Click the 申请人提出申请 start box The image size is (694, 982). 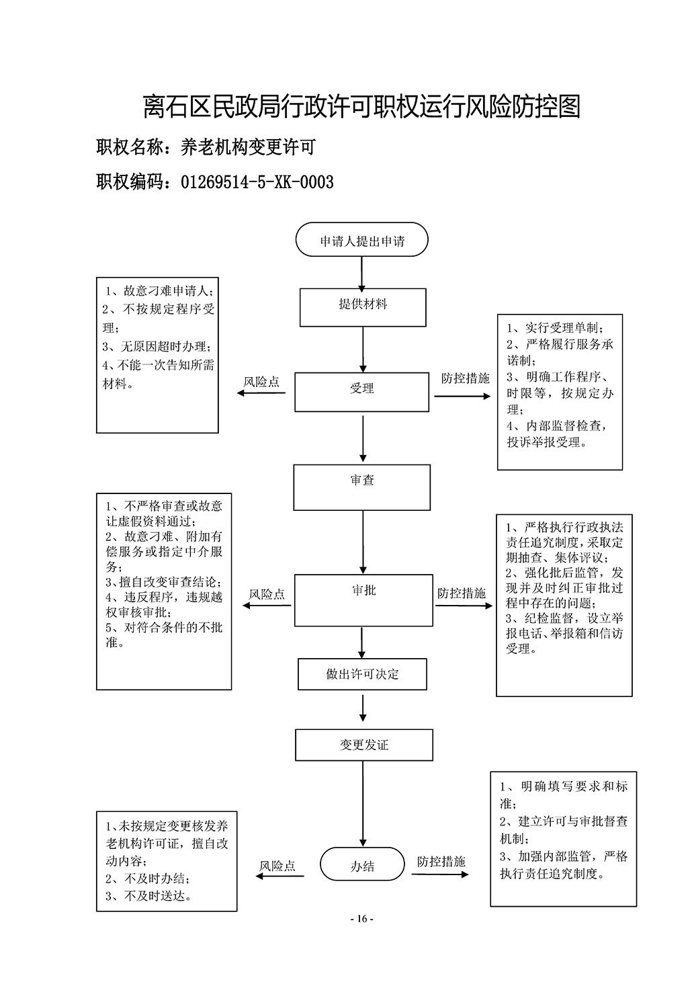point(361,239)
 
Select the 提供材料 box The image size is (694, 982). point(363,307)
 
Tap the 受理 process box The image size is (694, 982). point(361,392)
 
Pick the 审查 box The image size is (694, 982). point(362,487)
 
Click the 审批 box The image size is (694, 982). point(363,600)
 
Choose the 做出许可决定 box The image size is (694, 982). point(362,674)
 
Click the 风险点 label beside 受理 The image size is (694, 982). point(261,382)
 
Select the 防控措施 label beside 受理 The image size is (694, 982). point(466,378)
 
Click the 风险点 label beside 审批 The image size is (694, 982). point(267,594)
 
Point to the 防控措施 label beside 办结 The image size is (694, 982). point(441,862)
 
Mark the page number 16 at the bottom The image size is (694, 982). point(362,919)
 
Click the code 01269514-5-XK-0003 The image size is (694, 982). point(257,182)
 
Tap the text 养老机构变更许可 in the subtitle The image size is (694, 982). point(248,147)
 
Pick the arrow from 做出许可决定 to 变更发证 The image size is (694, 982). point(363,708)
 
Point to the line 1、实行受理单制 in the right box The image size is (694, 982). point(555,328)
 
